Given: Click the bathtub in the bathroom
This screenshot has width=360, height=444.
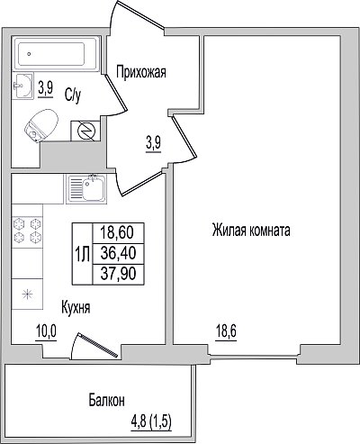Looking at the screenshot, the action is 56,54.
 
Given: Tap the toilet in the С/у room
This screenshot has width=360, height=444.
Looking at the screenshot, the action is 41,125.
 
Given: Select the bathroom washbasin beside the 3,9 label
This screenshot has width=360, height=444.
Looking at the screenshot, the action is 22,86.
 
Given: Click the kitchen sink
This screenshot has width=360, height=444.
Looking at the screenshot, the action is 86,189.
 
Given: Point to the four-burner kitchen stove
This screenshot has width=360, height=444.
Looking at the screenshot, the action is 27,231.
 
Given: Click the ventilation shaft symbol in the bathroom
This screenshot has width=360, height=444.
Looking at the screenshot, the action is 85,131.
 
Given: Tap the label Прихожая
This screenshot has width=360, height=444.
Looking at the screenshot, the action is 141,73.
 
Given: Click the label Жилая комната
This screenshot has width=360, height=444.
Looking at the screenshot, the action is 251,231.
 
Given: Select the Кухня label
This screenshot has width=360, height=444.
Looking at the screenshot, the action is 76,308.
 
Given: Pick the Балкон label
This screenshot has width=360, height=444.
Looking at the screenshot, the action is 106,400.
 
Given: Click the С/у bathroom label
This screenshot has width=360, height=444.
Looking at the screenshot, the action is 73,95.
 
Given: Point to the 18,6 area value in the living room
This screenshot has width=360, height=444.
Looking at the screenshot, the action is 226,332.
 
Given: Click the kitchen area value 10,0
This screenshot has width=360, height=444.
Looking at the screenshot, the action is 46,332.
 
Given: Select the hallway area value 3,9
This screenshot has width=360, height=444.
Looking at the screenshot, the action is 154,144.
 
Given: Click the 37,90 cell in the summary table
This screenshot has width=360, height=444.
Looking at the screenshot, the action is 119,274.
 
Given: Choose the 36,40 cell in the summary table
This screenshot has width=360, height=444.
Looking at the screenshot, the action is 119,254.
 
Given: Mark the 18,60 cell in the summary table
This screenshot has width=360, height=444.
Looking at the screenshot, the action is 119,233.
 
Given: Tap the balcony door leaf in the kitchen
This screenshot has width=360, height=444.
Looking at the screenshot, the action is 98,345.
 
